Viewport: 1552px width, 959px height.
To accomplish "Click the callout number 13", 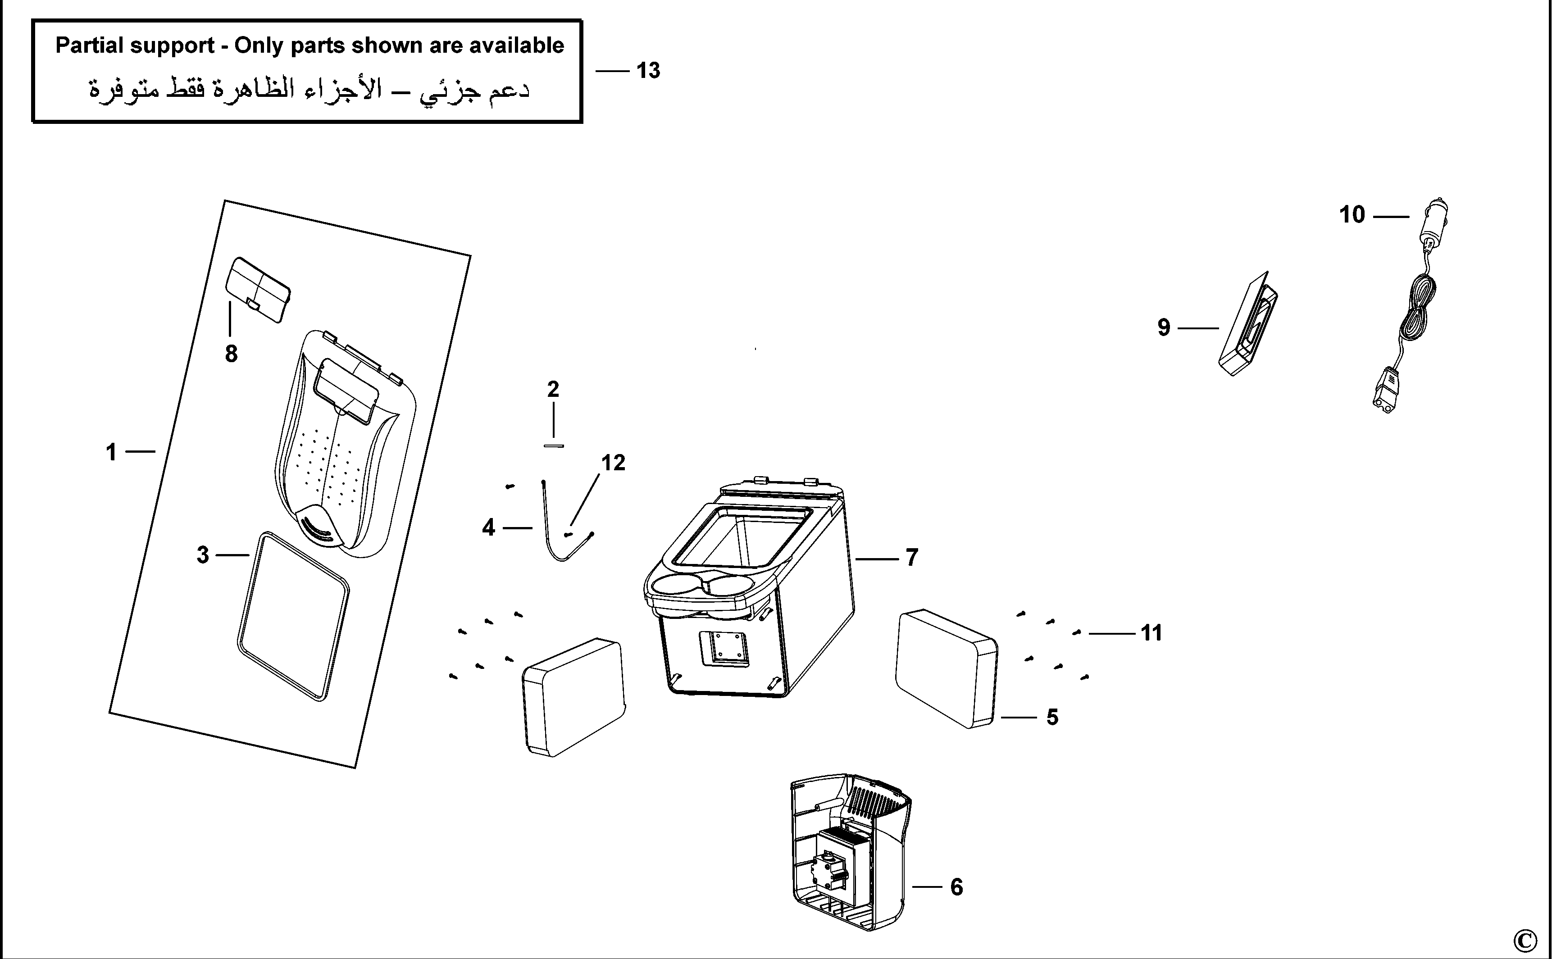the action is pos(648,70).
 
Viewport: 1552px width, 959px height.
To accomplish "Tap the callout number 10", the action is pos(1352,214).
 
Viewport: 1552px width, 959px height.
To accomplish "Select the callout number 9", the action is pos(1164,327).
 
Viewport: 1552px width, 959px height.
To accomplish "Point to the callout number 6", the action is pos(956,886).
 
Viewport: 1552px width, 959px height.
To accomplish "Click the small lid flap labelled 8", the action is pos(259,289).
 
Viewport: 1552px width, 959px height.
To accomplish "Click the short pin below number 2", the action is pos(554,446).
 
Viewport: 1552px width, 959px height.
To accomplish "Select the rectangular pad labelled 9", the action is pos(1247,324).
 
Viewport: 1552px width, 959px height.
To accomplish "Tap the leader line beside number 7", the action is pos(877,559).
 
